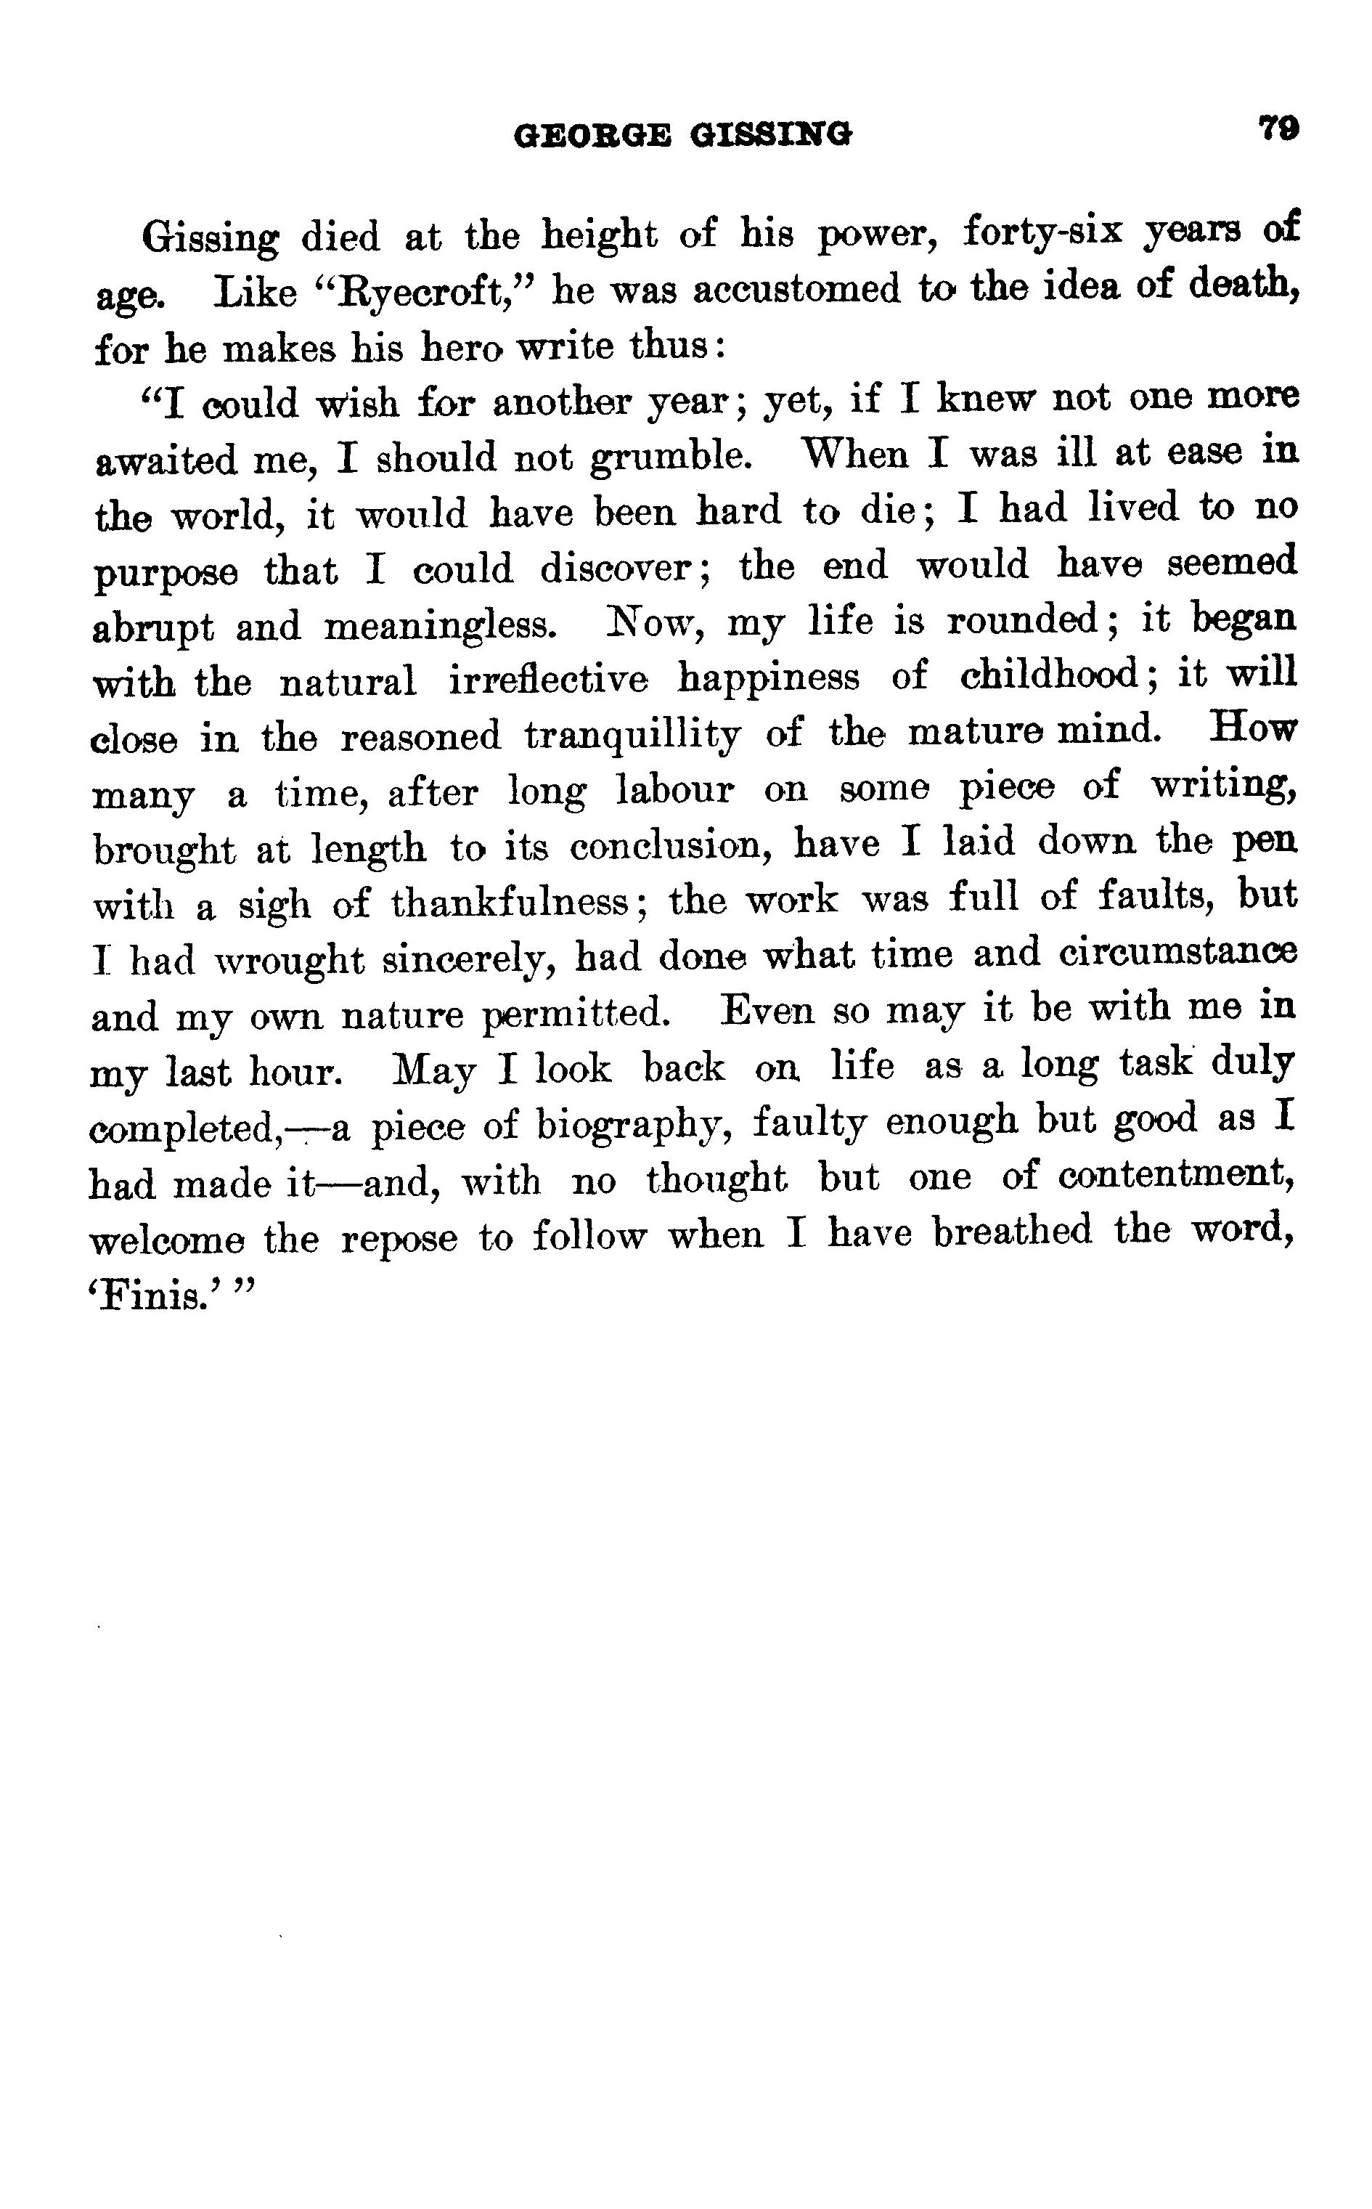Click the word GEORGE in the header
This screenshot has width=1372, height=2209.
592,136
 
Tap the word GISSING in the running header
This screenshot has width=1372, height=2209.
770,136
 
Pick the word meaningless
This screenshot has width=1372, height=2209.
439,626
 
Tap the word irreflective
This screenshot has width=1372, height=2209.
548,680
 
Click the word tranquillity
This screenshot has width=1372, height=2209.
632,735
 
